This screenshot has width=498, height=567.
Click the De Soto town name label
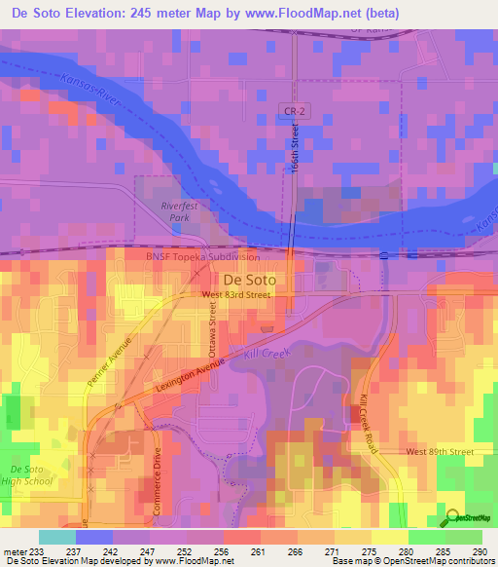(x=250, y=279)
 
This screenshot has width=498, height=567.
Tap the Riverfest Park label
(x=179, y=211)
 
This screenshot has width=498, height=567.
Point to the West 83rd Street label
(x=235, y=294)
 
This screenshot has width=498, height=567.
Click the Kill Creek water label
(x=267, y=355)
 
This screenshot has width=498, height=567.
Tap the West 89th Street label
(x=439, y=452)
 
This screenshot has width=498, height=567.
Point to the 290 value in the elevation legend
(x=477, y=552)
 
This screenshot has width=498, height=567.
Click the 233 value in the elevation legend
(x=39, y=552)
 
